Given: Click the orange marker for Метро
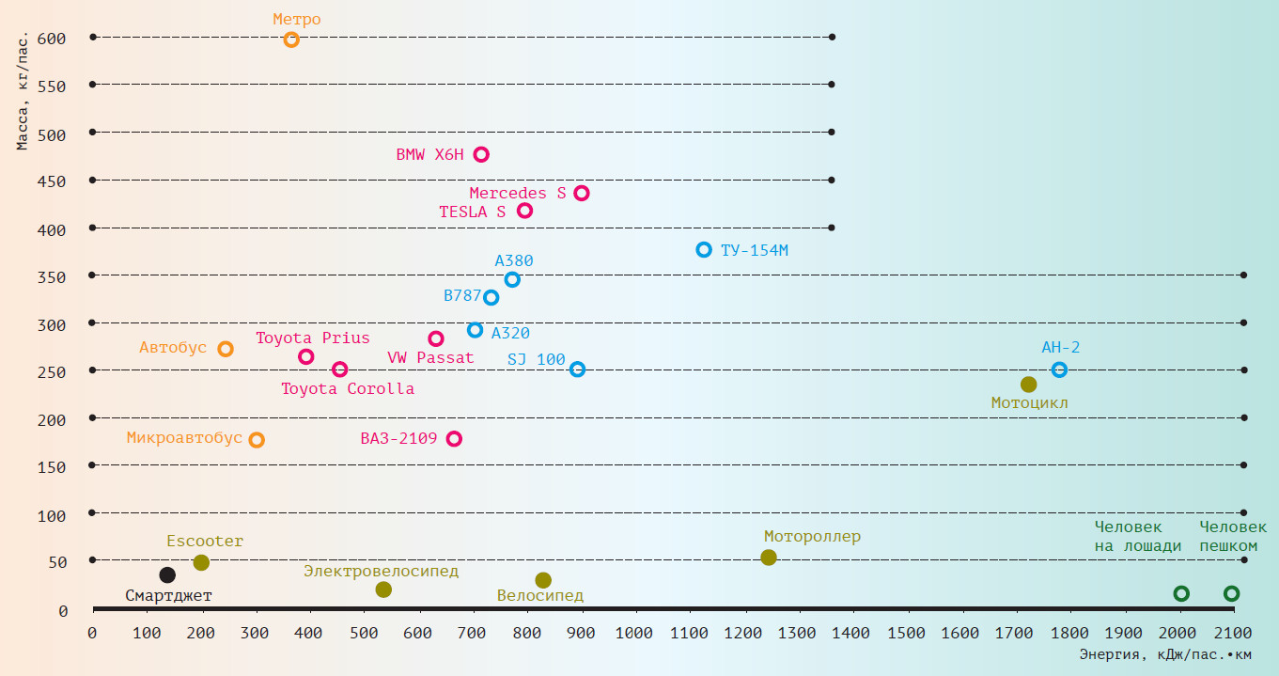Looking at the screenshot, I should [x=291, y=39].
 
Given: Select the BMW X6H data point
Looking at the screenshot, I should [x=481, y=154].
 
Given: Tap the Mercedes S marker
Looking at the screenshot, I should [x=582, y=193].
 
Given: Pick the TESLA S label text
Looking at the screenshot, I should [x=472, y=212].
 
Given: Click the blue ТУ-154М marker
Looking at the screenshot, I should [x=704, y=249].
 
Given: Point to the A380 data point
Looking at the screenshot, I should [x=512, y=279].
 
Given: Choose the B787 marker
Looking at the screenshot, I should [x=491, y=297].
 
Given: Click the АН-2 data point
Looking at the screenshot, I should [x=1059, y=369].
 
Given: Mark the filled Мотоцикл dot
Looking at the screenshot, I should [x=1028, y=384].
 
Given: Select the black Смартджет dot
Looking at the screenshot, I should [x=167, y=574].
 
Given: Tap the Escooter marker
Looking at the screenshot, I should [x=201, y=562].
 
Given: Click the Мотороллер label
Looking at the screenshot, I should [x=812, y=537].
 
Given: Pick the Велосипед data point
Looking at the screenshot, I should [x=543, y=580].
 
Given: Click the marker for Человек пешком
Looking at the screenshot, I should [x=1231, y=593].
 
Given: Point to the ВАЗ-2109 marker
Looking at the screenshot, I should [x=454, y=438].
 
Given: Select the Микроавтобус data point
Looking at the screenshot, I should [x=257, y=439].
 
